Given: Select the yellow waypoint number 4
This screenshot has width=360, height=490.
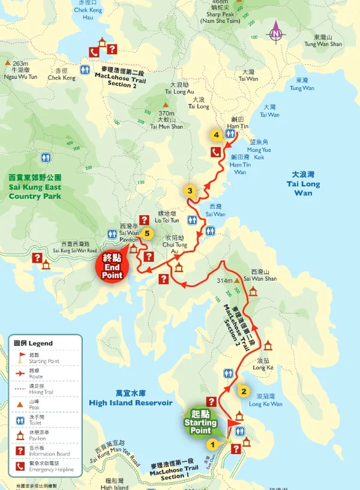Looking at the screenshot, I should [x=216, y=135].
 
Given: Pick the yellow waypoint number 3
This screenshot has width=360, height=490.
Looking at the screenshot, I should [x=190, y=192].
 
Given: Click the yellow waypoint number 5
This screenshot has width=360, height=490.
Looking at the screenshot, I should [x=147, y=234].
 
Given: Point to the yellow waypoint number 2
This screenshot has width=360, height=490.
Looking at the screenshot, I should [x=243, y=392].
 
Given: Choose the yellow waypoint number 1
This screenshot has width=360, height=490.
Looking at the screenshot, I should [x=211, y=444].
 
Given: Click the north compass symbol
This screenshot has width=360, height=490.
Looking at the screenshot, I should [x=275, y=31].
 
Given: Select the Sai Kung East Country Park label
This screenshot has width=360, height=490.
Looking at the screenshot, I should [x=35, y=187].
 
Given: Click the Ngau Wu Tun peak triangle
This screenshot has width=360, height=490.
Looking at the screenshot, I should [x=8, y=62].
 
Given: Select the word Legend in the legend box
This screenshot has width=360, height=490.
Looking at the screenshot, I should [x=41, y=343].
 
